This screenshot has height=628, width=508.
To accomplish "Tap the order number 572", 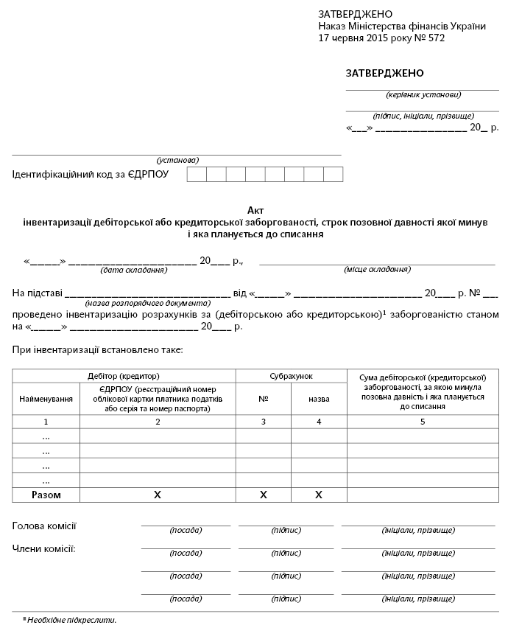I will (436, 38).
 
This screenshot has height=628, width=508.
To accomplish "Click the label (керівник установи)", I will (423, 95).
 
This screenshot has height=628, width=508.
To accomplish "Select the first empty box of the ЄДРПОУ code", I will (197, 175).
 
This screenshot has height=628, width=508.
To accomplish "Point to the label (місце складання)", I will (377, 270).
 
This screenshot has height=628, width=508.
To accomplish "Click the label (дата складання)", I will (134, 270).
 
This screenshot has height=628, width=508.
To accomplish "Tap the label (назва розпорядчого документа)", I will (138, 303).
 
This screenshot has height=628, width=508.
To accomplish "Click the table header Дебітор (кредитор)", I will (124, 376).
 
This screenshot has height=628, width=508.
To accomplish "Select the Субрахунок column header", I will (291, 376).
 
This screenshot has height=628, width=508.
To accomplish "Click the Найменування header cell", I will (46, 399).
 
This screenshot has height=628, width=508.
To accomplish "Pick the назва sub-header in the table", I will (319, 399).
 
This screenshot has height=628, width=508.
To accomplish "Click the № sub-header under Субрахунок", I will (263, 399).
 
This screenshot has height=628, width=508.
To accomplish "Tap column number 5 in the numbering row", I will (423, 422).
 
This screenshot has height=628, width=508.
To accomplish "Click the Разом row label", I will (46, 495).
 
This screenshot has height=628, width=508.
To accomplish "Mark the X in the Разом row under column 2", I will (157, 495).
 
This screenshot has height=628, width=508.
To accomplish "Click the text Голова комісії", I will (45, 526).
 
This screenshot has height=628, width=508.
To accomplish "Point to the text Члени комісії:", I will (44, 549).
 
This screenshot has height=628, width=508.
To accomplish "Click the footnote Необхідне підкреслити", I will (71, 620).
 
